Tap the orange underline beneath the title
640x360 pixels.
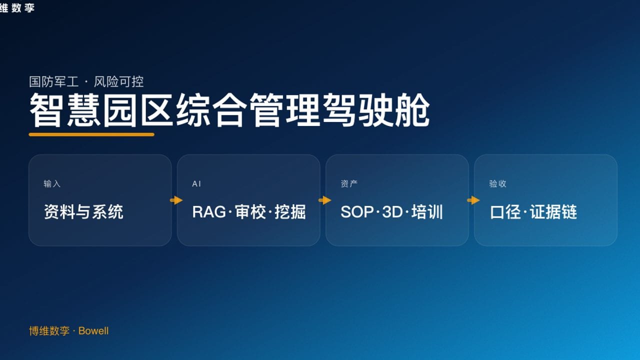point(91,134)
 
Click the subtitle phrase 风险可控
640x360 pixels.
point(119,81)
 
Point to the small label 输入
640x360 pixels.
point(51,184)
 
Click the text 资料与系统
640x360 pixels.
point(83,212)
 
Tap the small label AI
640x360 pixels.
point(196,184)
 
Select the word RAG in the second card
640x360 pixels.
point(209,212)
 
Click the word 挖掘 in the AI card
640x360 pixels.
point(290,212)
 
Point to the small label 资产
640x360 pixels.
point(349,184)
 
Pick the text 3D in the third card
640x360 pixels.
point(392,212)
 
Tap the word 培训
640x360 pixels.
point(427,212)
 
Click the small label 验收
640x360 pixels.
point(497,184)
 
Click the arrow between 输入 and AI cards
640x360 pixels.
point(176,200)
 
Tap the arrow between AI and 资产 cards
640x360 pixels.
point(324,200)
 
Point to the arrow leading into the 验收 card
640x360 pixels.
point(473,200)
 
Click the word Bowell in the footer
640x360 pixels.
point(93,331)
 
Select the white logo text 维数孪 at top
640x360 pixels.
point(17,7)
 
